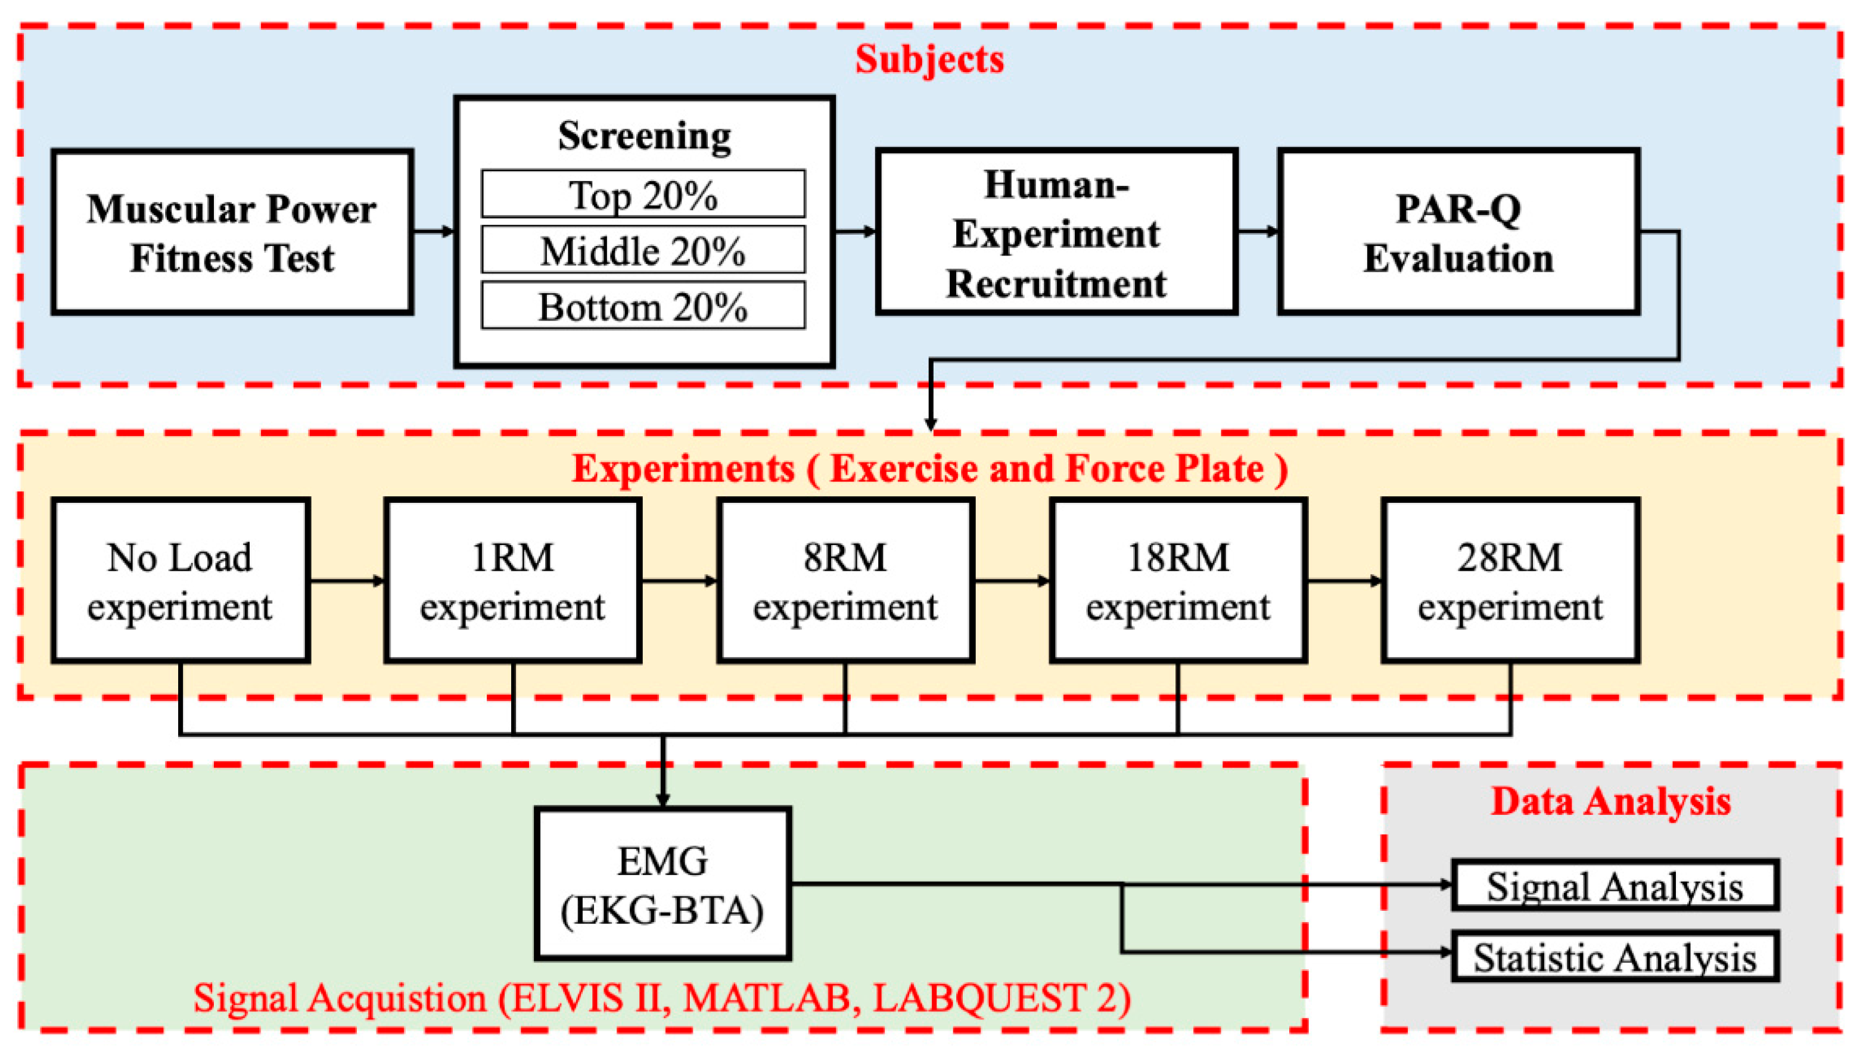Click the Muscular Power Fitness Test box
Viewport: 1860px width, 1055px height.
[232, 232]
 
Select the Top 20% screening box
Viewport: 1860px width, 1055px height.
[643, 194]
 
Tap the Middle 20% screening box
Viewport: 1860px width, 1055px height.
[643, 250]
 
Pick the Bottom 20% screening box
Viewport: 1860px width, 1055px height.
[643, 306]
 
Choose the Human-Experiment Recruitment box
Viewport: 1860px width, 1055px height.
[1056, 232]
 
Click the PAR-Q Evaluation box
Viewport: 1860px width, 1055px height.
[1458, 232]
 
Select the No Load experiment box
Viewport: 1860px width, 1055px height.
[181, 580]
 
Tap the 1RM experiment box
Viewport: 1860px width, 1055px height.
[512, 580]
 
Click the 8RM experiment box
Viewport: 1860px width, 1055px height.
[845, 580]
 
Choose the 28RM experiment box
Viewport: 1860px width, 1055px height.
[1510, 580]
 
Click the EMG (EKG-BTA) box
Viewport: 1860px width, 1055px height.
[662, 884]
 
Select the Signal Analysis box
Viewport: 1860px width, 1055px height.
[1615, 885]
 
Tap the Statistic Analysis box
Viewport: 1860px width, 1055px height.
[1615, 957]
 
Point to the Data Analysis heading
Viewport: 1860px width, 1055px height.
[1610, 801]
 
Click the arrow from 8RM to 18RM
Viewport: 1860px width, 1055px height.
[1012, 580]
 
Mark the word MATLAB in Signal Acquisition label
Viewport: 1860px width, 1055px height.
[767, 998]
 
